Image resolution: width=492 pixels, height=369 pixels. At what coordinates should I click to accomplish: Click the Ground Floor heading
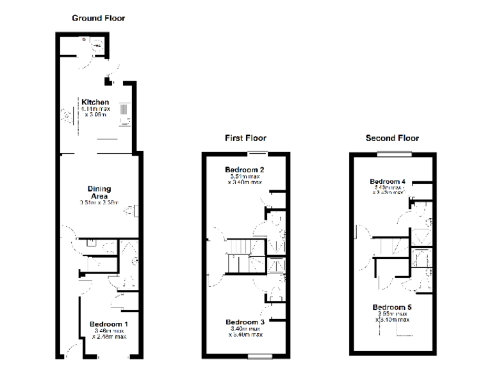click(x=98, y=18)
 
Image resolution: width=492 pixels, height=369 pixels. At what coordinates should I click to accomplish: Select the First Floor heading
click(x=245, y=138)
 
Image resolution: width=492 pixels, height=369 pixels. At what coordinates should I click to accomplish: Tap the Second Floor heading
click(x=392, y=138)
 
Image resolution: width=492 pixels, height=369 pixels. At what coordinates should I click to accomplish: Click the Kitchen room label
click(x=95, y=102)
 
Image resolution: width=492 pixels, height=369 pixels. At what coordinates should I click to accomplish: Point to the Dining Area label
click(x=99, y=192)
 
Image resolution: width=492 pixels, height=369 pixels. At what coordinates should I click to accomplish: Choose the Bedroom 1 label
click(x=108, y=324)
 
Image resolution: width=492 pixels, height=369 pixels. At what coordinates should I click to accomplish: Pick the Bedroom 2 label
click(x=245, y=170)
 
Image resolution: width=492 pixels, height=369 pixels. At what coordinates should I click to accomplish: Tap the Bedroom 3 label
click(x=245, y=322)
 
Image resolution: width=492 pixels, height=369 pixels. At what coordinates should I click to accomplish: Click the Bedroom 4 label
click(x=388, y=182)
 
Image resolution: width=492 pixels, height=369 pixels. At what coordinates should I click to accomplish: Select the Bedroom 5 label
click(x=392, y=307)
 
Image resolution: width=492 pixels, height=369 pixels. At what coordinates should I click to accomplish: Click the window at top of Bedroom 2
click(x=258, y=152)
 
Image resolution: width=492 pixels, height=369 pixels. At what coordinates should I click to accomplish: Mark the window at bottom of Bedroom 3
click(x=258, y=356)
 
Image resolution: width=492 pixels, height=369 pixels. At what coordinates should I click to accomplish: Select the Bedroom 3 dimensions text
click(x=245, y=331)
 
